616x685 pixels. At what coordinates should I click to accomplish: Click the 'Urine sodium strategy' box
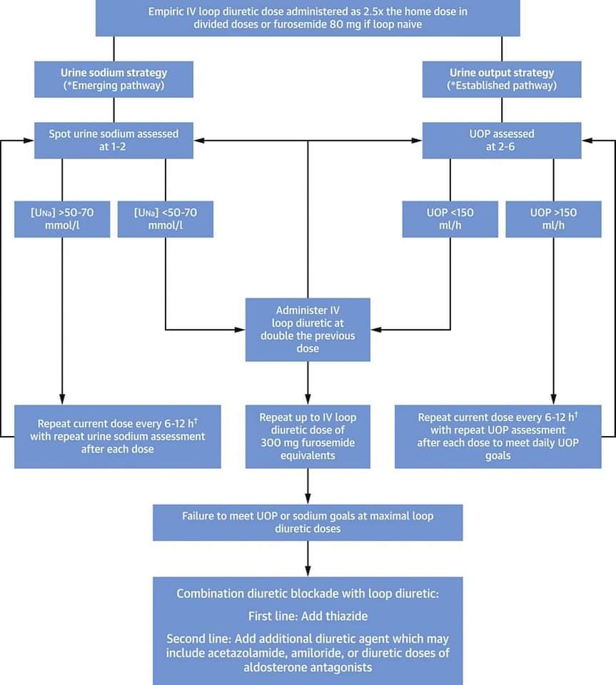click(x=113, y=79)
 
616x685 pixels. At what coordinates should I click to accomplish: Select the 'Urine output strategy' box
click(x=502, y=79)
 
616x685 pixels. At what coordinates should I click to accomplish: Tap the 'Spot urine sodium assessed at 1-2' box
click(x=113, y=141)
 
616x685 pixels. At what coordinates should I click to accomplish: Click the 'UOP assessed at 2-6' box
click(x=502, y=141)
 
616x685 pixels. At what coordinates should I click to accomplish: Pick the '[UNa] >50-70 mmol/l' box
click(x=62, y=219)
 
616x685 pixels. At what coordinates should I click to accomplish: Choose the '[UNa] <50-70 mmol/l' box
click(x=166, y=219)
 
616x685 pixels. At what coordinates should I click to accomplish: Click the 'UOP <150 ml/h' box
click(x=450, y=219)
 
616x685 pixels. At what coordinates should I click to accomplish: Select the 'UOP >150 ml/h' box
click(x=553, y=219)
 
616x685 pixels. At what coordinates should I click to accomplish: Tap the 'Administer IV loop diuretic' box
click(x=308, y=330)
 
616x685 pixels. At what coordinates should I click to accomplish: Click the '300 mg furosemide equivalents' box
click(x=308, y=437)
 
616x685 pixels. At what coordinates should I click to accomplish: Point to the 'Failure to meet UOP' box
click(x=308, y=522)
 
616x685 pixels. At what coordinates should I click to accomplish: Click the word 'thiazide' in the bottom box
click(x=346, y=616)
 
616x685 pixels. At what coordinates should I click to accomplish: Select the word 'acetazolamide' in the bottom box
click(x=246, y=653)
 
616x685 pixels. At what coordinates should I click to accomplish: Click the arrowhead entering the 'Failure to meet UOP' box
click(x=308, y=499)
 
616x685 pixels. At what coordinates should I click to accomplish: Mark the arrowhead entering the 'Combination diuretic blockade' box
click(x=308, y=572)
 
